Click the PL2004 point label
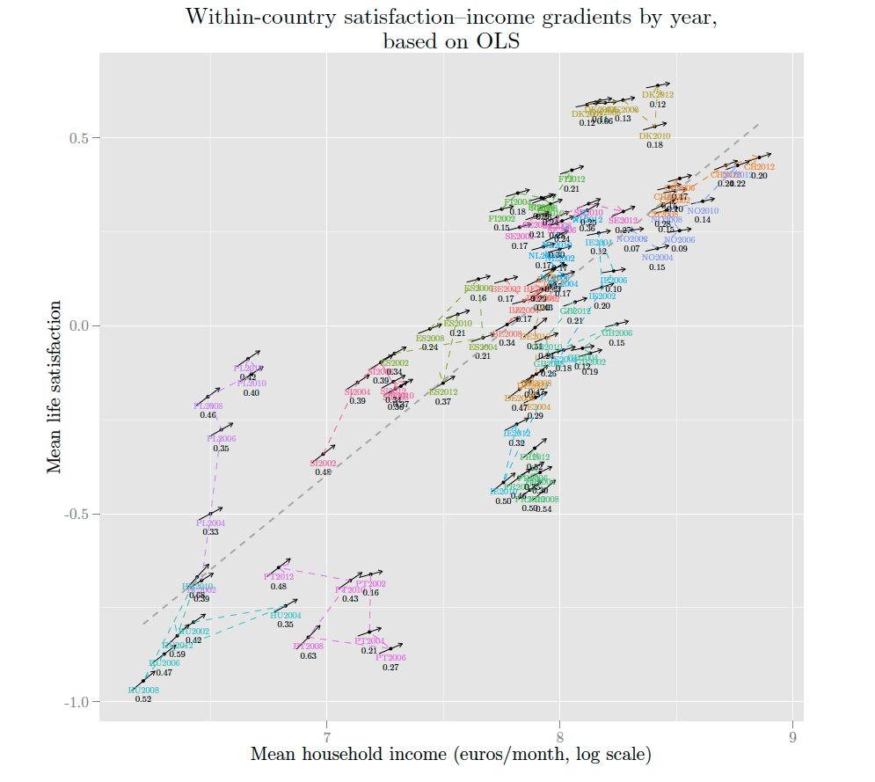(x=210, y=523)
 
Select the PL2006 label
(x=221, y=439)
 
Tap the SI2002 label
(x=323, y=464)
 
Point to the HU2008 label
(x=143, y=691)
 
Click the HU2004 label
(x=286, y=616)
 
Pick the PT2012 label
(x=278, y=577)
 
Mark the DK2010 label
(x=654, y=136)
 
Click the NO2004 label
(x=657, y=258)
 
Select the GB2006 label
(x=616, y=333)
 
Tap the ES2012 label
(x=443, y=392)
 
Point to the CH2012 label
(x=759, y=167)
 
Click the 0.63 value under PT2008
(x=308, y=656)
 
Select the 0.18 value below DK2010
(x=655, y=145)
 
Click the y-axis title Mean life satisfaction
(x=55, y=387)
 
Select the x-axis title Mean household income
(x=450, y=755)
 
